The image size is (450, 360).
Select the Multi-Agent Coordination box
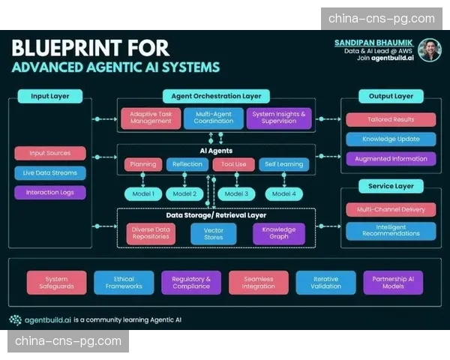click(212, 118)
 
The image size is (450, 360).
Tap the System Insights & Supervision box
click(278, 118)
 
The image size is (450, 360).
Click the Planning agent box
click(143, 164)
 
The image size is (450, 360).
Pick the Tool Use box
click(234, 164)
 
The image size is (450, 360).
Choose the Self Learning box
click(283, 164)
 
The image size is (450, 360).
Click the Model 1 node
click(143, 193)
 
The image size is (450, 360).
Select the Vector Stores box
click(213, 234)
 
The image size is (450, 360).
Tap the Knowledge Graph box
click(278, 234)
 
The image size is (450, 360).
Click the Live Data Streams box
click(49, 172)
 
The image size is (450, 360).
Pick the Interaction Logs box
click(49, 192)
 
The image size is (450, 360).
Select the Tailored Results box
click(391, 119)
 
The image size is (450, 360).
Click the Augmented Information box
click(391, 159)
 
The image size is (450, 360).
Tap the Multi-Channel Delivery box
click(391, 210)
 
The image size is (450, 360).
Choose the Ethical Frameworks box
click(124, 282)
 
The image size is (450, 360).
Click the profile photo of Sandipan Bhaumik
click(429, 50)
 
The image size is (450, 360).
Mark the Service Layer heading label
click(391, 186)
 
